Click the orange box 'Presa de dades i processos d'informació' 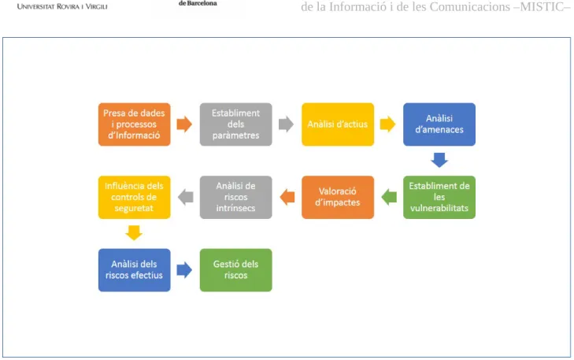[135, 124]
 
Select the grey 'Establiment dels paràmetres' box [235, 124]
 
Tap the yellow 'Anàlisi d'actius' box [338, 124]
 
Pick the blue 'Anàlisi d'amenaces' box [439, 124]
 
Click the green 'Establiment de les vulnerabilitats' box [439, 198]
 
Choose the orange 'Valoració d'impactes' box [338, 198]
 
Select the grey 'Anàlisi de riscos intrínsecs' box [235, 198]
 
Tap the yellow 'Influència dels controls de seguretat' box [135, 198]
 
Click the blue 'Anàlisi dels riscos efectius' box [135, 270]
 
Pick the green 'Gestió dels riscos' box [235, 270]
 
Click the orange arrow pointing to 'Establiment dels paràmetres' [184, 124]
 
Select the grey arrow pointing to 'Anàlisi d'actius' [287, 124]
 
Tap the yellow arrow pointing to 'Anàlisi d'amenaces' [388, 124]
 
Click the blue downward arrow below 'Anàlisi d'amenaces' [439, 161]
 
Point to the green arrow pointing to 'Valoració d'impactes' [389, 198]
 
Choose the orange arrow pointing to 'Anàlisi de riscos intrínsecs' [287, 198]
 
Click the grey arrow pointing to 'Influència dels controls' [186, 198]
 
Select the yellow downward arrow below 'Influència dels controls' [134, 233]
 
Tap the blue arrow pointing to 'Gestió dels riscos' [184, 270]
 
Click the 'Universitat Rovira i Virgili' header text [62, 6]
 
